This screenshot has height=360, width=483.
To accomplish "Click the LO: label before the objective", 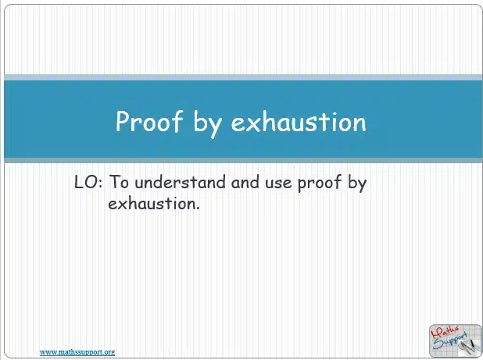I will (x=88, y=183).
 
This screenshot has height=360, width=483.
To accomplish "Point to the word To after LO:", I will (x=118, y=183).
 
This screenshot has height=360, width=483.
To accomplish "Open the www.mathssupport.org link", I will (x=77, y=352).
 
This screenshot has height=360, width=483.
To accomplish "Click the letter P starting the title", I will (x=123, y=122).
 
